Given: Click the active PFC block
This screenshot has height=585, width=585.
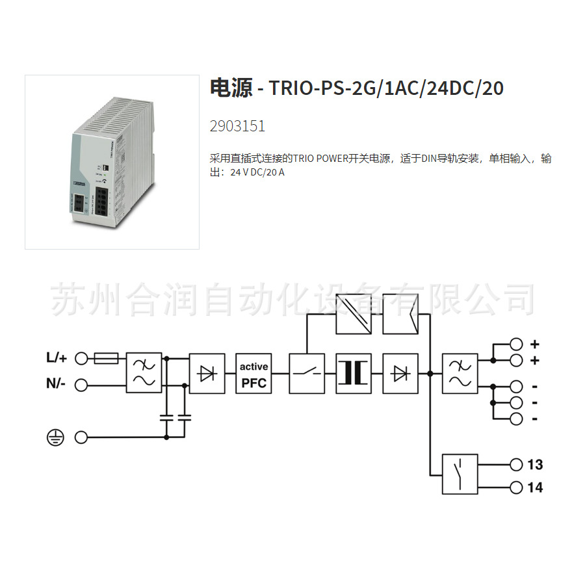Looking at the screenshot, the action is coord(253,374).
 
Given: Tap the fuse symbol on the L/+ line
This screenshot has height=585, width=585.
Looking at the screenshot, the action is coord(106,357).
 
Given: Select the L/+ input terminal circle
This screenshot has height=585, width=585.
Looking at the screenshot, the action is coord(81,357).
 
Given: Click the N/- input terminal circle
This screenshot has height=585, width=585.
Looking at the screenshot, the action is coord(81,385).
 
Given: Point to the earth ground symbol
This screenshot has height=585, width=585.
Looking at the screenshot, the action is coord(56,438).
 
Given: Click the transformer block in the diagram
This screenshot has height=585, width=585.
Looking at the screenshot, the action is coord(354,374).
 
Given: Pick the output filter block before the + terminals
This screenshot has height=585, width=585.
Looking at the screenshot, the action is coord(460,374).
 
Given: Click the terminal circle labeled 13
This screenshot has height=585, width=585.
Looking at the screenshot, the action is coord(517,464).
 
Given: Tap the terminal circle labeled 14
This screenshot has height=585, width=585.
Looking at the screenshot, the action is coord(517,487).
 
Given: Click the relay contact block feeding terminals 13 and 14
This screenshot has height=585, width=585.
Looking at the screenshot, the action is coord(460,473).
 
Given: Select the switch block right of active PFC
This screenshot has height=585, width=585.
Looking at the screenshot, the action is coord(306,374).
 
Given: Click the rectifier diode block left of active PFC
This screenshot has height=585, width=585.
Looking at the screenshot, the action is coord(207,374).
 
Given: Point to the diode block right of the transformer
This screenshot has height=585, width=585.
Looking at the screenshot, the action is coord(400,374).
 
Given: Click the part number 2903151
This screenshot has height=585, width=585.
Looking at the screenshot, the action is coord(237,126).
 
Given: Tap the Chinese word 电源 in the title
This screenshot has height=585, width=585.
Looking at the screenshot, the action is coord(231,88).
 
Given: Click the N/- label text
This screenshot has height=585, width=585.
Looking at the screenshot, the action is coord(57,384).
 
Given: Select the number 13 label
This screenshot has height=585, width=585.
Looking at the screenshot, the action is coord(535,465).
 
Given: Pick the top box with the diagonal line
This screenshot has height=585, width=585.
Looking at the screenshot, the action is coord(354,314).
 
